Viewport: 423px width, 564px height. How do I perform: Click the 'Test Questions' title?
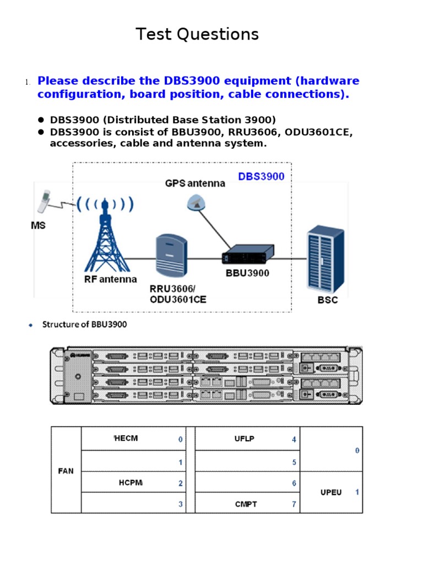[x=197, y=35]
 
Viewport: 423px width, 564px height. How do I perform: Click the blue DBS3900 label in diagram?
[x=261, y=177]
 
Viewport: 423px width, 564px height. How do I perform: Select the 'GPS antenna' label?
[x=195, y=183]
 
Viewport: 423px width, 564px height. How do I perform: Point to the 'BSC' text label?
[x=328, y=300]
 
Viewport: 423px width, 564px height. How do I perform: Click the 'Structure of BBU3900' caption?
[x=84, y=324]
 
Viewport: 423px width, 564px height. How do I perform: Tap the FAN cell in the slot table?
[x=66, y=471]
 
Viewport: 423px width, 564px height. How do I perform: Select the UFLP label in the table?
[x=244, y=439]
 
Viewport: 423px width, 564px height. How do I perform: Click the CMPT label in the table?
[x=246, y=504]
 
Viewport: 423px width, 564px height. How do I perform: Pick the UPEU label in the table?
[x=331, y=492]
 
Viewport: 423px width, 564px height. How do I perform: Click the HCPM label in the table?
[x=131, y=483]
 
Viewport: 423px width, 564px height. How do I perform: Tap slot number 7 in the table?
[x=294, y=504]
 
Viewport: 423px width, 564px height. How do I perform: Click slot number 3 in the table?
[x=180, y=504]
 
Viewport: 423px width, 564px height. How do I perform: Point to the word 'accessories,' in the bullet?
[x=77, y=144]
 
